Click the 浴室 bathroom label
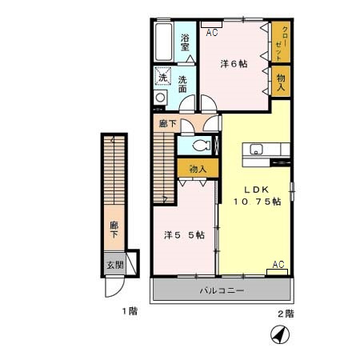point(185,42)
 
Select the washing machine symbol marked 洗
point(162,78)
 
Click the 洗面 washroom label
point(183,84)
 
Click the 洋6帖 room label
point(234,64)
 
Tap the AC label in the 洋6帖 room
point(212,33)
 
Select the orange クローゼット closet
point(280,41)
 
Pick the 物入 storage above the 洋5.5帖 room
point(197,169)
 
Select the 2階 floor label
point(286,313)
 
